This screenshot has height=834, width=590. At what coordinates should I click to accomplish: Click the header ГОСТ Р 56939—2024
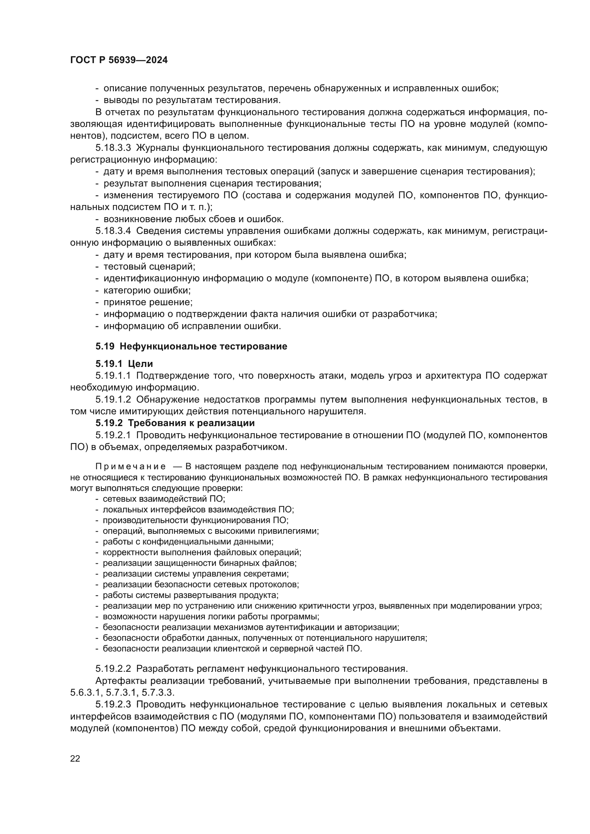[119, 60]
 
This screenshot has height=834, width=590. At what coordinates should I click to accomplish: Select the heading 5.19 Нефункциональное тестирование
[191, 346]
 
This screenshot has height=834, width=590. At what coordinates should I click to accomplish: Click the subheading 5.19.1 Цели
[124, 364]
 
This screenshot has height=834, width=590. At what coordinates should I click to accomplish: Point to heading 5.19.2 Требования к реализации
[175, 423]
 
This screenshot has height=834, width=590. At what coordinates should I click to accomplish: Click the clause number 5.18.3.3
[113, 148]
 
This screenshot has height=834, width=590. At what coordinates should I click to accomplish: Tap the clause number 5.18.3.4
[113, 231]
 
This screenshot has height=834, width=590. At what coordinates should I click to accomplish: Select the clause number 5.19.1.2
[113, 400]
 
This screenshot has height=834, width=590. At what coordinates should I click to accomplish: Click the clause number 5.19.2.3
[113, 704]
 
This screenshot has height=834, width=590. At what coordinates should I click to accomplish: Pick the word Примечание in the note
[131, 466]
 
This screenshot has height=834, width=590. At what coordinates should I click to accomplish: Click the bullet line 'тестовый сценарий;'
[149, 267]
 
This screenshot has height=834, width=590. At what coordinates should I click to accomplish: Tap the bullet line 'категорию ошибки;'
[147, 290]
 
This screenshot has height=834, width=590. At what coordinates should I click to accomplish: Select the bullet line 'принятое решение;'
[148, 302]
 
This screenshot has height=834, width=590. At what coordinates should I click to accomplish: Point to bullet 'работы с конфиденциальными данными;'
[188, 542]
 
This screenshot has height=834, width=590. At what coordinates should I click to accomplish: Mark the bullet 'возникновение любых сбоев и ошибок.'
[193, 219]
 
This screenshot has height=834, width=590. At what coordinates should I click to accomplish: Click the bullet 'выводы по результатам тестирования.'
[192, 100]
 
